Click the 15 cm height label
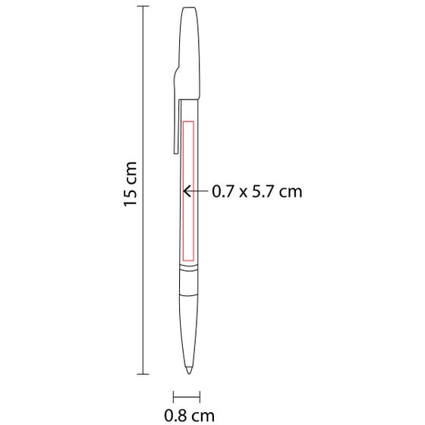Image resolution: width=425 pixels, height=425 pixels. tap(130, 184)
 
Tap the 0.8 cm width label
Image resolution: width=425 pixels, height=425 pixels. tap(189, 416)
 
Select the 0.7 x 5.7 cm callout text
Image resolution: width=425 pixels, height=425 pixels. tap(257, 191)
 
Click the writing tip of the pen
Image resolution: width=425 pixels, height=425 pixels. tap(189, 370)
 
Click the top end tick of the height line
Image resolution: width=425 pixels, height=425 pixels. tap(143, 6)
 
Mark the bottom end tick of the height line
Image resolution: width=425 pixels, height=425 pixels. tap(143, 374)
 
